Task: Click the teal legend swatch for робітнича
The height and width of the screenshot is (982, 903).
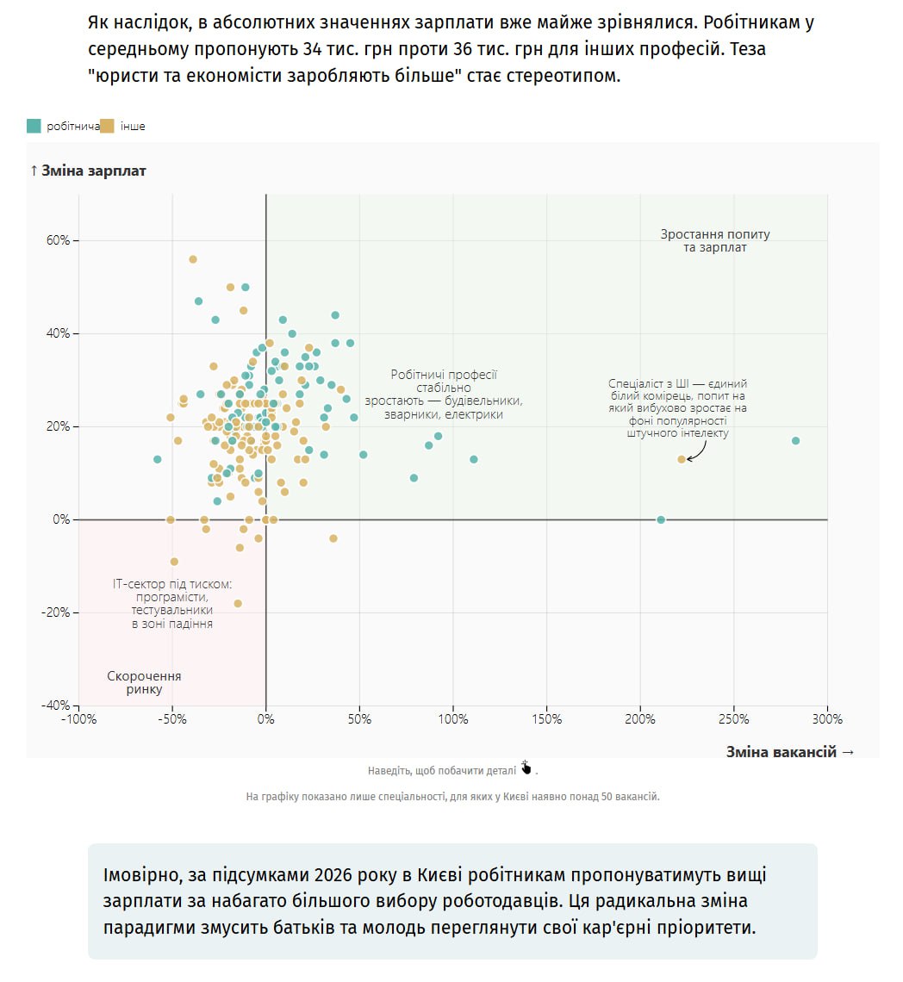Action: coord(34,126)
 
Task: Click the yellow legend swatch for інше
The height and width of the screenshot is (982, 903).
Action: coord(108,126)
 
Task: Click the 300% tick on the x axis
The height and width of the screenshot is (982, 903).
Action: coord(828,719)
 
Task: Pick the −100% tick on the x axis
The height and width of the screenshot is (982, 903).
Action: coord(78,719)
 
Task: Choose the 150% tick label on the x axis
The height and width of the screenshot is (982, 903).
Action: coord(547,719)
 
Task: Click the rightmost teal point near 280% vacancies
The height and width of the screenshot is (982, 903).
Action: coord(795,440)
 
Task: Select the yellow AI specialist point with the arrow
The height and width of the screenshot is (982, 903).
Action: coord(682,459)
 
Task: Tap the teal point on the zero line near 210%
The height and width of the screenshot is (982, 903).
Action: coord(661,519)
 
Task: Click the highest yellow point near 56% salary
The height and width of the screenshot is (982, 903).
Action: coord(193,259)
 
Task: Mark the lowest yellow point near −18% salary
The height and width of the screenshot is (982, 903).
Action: coord(238,603)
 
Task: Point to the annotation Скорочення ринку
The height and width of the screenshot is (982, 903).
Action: coord(144,683)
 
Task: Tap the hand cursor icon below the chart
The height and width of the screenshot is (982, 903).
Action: coord(526,768)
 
